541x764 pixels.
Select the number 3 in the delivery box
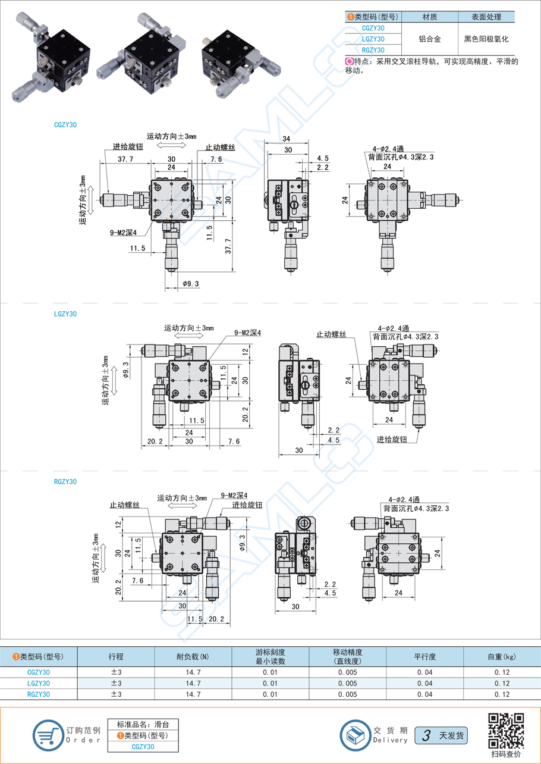coord(426,735)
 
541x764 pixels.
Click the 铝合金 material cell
coord(430,39)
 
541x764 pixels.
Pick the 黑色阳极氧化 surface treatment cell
coord(486,39)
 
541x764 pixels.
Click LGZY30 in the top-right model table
coord(373,39)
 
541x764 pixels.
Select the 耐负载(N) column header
coord(193,657)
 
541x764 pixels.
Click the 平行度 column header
coord(425,657)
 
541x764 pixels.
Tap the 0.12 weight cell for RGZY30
coord(501,694)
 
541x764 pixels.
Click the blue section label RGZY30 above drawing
coord(65,482)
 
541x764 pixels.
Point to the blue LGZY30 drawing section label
coord(65,314)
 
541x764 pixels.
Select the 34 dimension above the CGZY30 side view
coord(287,139)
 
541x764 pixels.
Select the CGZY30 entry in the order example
coord(143,747)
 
